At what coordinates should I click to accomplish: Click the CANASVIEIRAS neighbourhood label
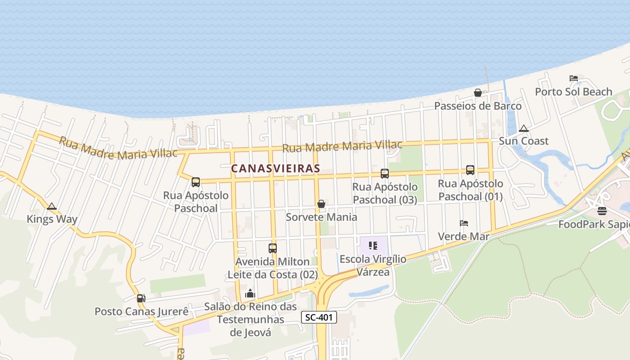275,169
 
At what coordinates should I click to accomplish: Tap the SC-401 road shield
319,317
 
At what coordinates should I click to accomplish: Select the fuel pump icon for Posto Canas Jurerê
141,298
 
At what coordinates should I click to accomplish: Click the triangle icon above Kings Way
52,207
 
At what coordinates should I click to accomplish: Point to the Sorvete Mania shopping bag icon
321,204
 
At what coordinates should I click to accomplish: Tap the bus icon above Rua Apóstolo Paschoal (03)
385,174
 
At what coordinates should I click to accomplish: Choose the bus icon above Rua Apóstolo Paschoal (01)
470,170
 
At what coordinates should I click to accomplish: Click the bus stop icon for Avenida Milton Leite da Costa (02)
273,248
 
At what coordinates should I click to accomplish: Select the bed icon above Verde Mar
464,223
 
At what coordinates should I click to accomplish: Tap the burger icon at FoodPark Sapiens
602,211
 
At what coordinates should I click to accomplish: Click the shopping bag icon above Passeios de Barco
478,93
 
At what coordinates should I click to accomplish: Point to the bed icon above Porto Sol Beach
574,78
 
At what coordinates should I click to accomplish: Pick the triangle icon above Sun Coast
523,129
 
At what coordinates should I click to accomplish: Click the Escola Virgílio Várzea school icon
373,246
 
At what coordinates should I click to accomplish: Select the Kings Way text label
52,220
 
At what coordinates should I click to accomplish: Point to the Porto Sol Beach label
574,92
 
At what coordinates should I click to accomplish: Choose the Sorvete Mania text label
322,217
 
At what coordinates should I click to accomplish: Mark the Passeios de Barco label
478,106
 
